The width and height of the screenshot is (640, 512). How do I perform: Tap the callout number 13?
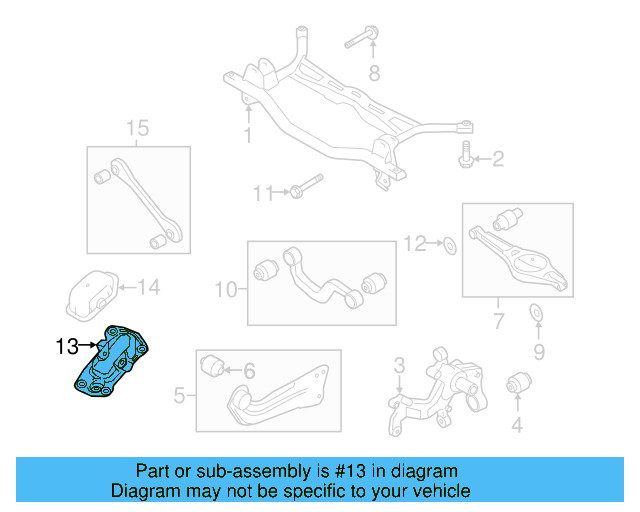tap(67, 347)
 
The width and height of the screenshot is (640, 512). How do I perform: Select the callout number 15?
tap(137, 128)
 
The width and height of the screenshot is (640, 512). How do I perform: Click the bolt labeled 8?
tap(361, 41)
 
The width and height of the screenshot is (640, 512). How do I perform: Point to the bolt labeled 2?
tap(467, 158)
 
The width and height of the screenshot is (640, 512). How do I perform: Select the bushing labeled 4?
tap(518, 382)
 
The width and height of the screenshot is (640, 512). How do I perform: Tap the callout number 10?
tap(225, 290)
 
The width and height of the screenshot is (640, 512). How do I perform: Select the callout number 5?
tap(179, 396)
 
